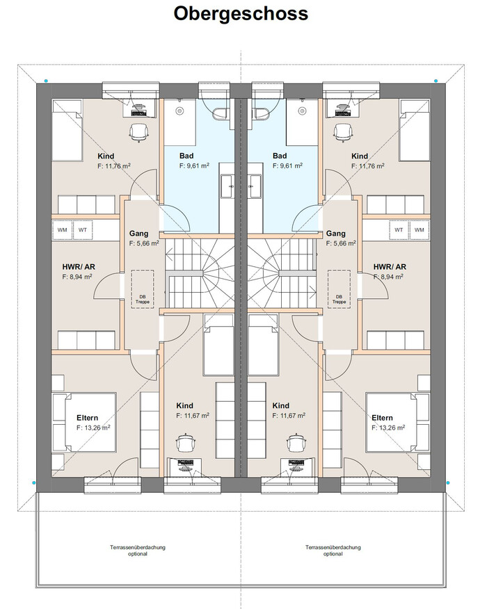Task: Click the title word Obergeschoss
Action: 241,13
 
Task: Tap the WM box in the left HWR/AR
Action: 63,229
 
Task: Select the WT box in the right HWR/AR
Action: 399,229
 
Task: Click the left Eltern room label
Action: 88,418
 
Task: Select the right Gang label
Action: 336,234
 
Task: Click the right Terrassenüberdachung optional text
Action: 333,551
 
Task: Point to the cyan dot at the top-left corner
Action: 46,81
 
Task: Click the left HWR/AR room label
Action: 77,266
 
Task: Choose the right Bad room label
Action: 280,156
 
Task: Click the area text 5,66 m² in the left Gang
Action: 143,244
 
